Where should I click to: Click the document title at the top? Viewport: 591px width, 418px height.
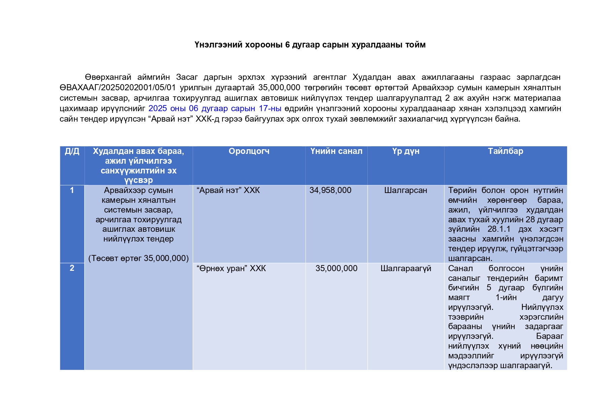(x=310, y=45)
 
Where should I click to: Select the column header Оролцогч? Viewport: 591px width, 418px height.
(x=249, y=151)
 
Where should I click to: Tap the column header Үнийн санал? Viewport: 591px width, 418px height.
(x=336, y=151)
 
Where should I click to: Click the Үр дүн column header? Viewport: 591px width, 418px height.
(x=405, y=151)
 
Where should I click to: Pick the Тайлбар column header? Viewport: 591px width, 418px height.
(x=505, y=151)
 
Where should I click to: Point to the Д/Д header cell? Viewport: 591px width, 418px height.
(x=72, y=151)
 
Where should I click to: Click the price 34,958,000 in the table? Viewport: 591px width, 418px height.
(x=330, y=190)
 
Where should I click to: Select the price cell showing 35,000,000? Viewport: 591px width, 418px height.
(x=336, y=268)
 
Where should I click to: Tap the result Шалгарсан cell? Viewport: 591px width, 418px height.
(x=405, y=190)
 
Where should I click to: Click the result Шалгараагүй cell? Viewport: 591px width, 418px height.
(x=405, y=268)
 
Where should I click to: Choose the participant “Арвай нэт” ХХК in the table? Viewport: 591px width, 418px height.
(x=228, y=190)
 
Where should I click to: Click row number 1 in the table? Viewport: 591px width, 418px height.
(x=72, y=190)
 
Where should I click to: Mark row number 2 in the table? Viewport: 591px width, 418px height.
(x=72, y=268)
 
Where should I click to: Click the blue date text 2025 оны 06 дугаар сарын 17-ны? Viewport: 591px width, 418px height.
(x=215, y=108)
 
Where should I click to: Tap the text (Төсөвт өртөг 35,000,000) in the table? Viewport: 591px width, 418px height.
(x=138, y=258)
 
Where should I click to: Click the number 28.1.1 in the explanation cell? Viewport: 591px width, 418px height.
(x=499, y=229)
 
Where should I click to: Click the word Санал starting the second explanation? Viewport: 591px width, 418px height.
(x=460, y=268)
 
